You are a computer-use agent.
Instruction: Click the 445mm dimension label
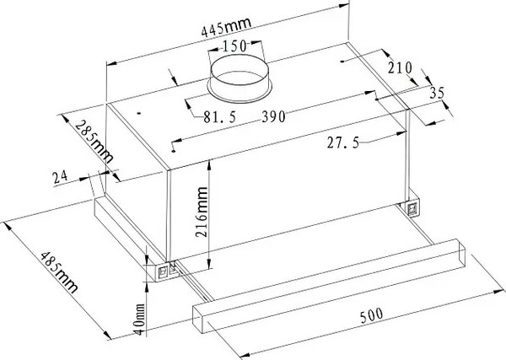(226, 28)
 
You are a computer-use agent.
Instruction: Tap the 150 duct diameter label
(234, 46)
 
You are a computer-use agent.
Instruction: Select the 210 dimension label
(400, 67)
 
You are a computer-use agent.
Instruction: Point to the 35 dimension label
(437, 93)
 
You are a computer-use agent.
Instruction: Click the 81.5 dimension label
(220, 117)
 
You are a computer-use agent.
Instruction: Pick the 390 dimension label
(273, 116)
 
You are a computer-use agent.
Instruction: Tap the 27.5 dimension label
(343, 142)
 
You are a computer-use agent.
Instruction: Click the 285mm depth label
(94, 142)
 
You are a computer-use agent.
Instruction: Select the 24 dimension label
(61, 177)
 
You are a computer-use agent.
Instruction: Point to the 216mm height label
(202, 212)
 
